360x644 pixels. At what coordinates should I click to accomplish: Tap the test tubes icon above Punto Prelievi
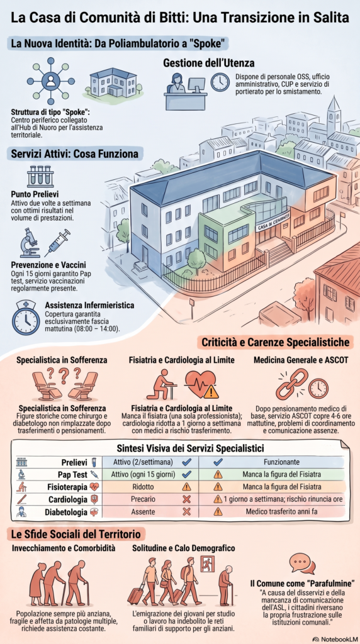[40, 176]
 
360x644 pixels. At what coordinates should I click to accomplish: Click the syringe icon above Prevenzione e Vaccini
[57, 243]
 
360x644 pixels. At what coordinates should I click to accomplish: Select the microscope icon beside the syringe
[30, 243]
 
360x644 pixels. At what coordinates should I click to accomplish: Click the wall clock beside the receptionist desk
[220, 82]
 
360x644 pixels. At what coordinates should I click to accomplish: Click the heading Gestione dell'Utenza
[209, 64]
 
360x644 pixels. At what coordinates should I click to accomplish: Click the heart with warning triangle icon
[202, 384]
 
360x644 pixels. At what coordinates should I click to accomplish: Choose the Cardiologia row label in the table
[73, 499]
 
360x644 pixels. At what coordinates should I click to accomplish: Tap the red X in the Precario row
[186, 499]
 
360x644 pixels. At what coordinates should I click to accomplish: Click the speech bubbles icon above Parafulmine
[302, 564]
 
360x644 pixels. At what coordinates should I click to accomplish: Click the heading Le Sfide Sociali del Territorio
[76, 535]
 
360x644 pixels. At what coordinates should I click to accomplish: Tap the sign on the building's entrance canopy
[273, 223]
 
